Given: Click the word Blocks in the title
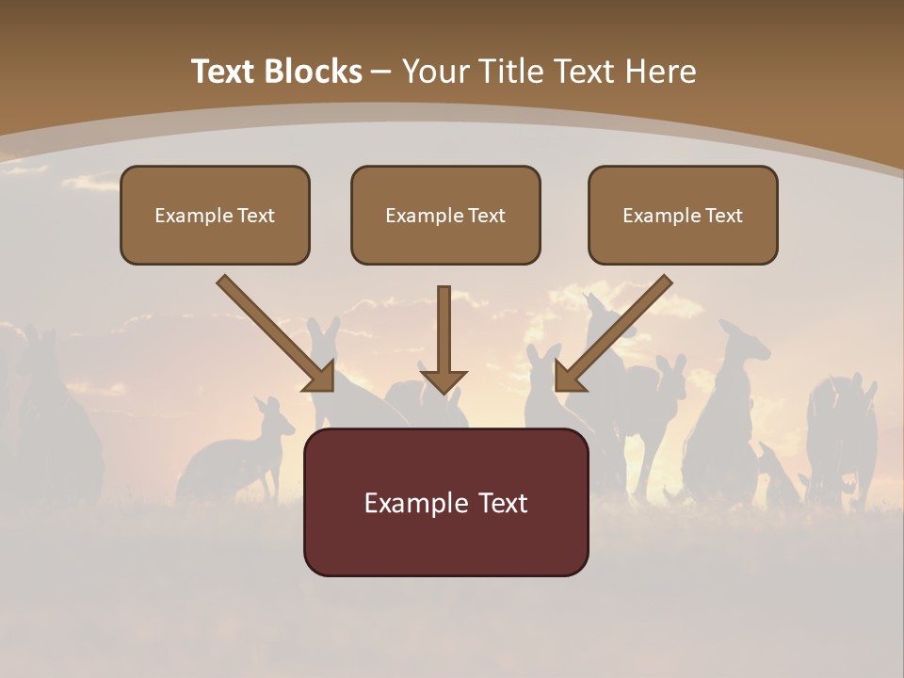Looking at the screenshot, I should click(x=315, y=72).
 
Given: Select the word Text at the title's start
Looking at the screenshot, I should click(x=224, y=72).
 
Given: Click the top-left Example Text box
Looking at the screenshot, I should click(x=215, y=215).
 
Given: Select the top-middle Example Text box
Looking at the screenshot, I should click(x=445, y=215).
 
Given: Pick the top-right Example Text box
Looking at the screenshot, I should click(x=683, y=215).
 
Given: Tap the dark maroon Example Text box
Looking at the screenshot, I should click(x=445, y=502).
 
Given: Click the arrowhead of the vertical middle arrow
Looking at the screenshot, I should click(x=444, y=380).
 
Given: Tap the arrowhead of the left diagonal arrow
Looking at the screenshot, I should click(x=320, y=377).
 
